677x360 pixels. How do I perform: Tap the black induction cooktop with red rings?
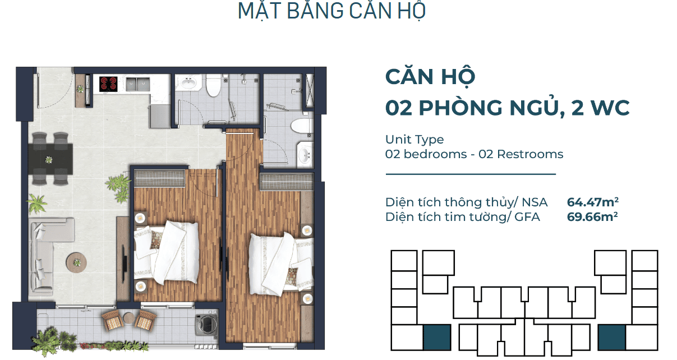tap(108, 84)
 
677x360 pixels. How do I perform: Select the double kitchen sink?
tap(137, 84)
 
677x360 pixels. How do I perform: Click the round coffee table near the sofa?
tap(77, 262)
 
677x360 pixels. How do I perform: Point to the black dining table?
tap(50, 159)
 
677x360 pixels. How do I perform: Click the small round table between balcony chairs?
tap(129, 319)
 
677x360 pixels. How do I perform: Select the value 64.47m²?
tap(592, 202)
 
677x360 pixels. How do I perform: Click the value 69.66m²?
tap(592, 216)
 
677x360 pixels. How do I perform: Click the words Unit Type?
tap(415, 140)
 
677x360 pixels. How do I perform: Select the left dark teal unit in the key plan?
tap(437, 338)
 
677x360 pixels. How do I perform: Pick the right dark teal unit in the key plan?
tap(612, 338)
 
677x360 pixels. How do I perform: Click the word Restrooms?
tap(530, 154)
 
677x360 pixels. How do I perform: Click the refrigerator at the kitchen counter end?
tap(160, 116)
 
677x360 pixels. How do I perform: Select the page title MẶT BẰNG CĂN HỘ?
tap(332, 11)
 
